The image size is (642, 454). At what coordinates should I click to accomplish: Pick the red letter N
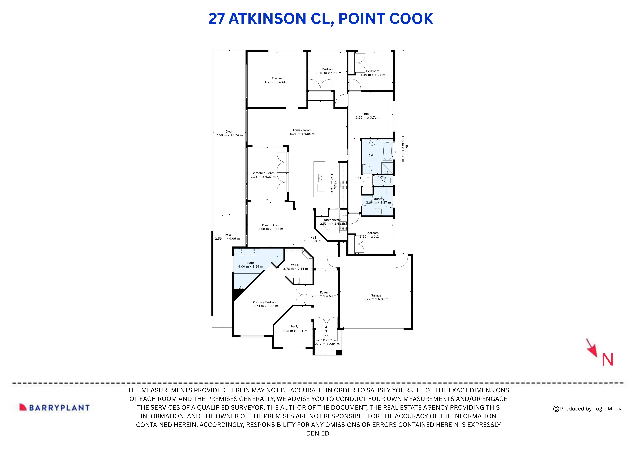click(x=607, y=360)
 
